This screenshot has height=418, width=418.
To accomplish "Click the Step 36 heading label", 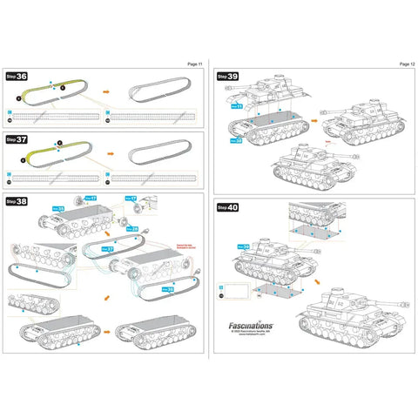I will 17,77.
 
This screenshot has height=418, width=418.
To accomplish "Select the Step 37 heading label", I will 17,138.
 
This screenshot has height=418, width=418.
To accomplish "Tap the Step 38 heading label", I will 17,201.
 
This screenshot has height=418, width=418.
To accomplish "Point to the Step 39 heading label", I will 228,77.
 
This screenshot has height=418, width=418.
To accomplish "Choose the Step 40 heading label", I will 228,207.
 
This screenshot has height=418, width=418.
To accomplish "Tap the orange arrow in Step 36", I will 107,90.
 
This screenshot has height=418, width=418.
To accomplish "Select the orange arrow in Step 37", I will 107,153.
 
